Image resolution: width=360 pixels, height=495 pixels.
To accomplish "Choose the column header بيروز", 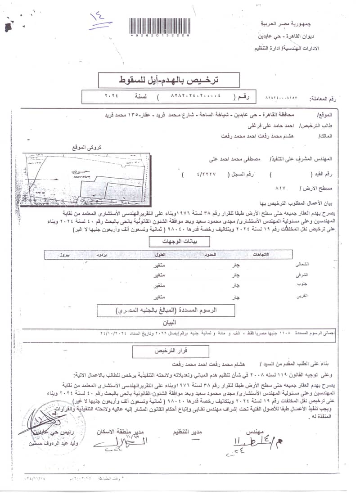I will pyautogui.click(x=66, y=255).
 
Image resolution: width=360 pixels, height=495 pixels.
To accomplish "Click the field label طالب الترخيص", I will pyautogui.click(x=317, y=126).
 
